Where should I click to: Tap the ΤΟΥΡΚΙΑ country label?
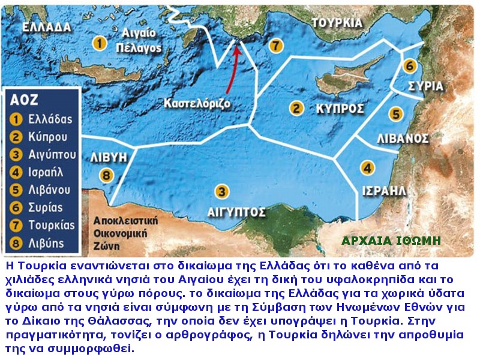tap(337, 23)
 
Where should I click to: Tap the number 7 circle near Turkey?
tap(275, 45)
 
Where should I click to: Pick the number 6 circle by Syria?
tap(410, 65)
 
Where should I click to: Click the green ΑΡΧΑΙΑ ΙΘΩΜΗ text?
tap(391, 241)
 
